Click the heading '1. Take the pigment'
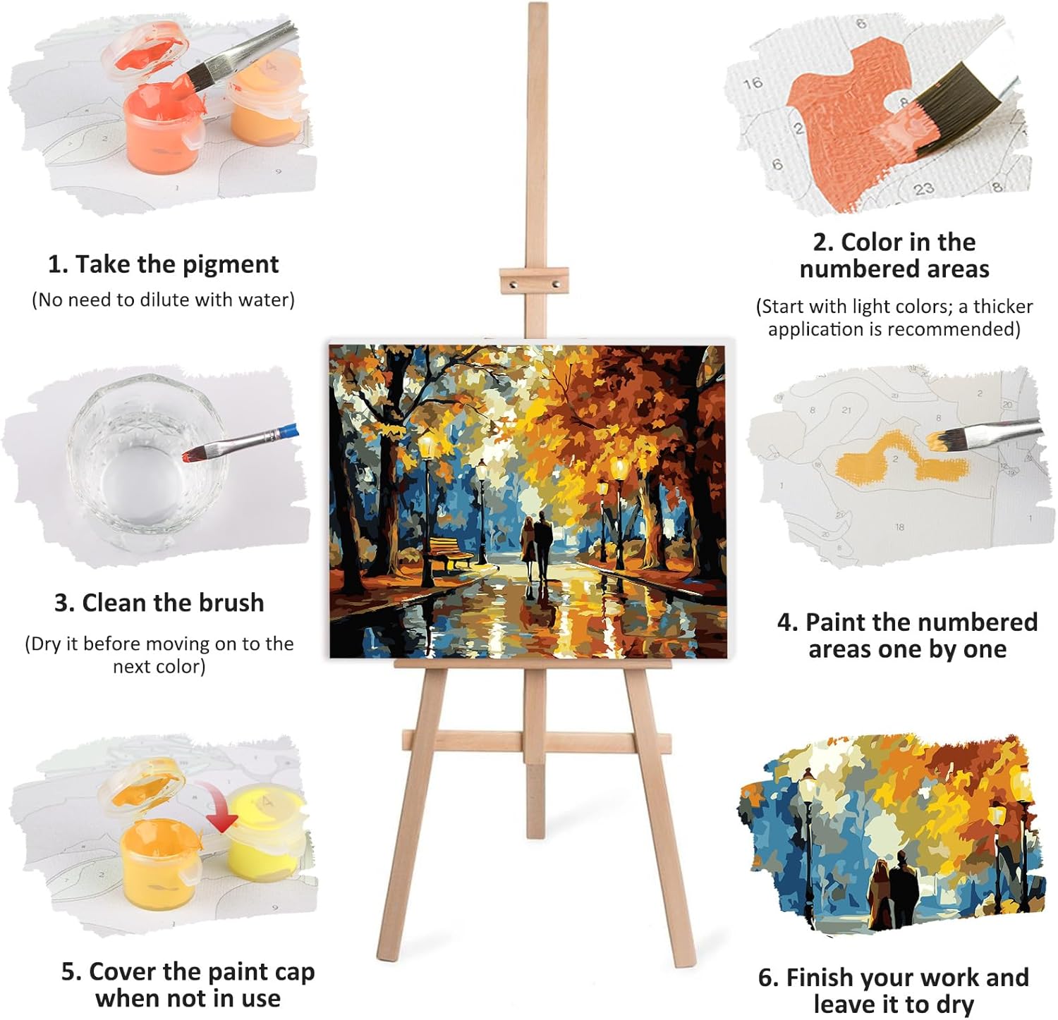(163, 264)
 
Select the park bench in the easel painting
(449, 552)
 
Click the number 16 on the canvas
(753, 83)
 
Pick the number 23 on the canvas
(924, 188)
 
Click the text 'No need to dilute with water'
(163, 300)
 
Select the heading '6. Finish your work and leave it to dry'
(894, 990)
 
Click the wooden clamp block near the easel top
(534, 283)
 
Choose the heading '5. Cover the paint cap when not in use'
(188, 985)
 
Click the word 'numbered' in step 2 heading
(894, 269)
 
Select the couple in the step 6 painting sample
(893, 890)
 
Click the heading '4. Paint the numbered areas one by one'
(908, 635)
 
